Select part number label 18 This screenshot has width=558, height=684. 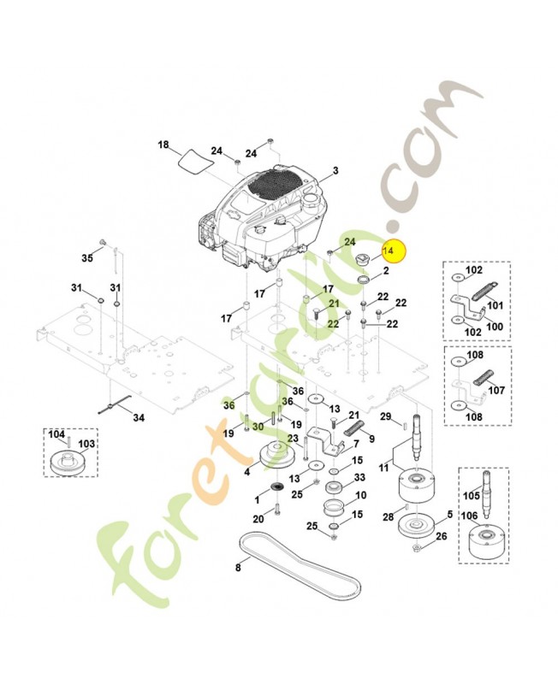click(x=163, y=144)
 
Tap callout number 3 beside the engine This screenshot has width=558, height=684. click(x=335, y=171)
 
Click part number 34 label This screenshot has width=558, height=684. click(x=138, y=418)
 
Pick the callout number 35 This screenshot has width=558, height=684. click(x=86, y=257)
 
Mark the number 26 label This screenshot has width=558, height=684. click(x=441, y=536)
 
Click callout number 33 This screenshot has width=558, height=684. click(x=360, y=477)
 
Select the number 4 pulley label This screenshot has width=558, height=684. click(x=247, y=470)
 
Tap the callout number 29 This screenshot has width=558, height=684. click(x=385, y=416)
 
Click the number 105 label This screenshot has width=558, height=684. click(x=469, y=496)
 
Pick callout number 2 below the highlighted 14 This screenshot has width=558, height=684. click(x=386, y=270)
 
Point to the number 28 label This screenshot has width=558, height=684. click(x=387, y=517)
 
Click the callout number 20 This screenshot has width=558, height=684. click(x=258, y=519)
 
